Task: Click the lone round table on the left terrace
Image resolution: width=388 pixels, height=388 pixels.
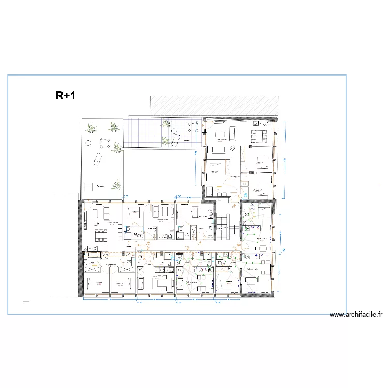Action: click(88, 143)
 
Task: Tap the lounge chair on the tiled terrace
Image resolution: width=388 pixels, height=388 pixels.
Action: click(175, 139)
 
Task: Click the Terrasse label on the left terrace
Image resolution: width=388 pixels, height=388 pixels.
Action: click(101, 186)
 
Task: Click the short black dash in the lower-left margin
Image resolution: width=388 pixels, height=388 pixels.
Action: click(26, 301)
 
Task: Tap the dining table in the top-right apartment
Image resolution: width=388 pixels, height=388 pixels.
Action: click(260, 136)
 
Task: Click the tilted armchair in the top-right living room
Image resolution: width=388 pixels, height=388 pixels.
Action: click(233, 147)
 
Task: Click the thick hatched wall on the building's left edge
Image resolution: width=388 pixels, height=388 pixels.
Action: click(80, 248)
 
